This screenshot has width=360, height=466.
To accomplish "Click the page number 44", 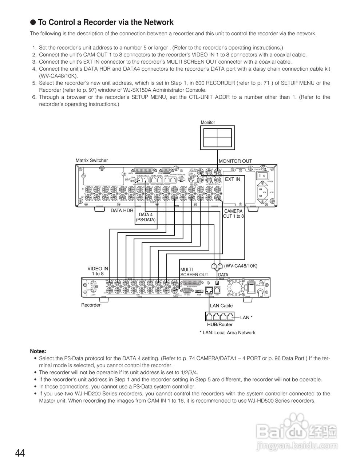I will click(20, 453).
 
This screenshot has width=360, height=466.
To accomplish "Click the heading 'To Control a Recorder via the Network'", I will click(105, 22).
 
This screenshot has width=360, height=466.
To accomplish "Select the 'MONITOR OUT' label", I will click(235, 161).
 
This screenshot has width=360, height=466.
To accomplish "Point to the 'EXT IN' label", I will click(233, 179).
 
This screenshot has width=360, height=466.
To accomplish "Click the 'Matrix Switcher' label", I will click(92, 160).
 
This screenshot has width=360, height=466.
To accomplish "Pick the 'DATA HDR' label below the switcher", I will click(122, 210).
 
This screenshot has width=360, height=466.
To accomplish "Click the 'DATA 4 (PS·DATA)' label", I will click(146, 217).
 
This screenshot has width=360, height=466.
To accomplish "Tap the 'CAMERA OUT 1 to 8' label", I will click(233, 214).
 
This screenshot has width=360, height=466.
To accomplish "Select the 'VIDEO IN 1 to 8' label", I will click(98, 271).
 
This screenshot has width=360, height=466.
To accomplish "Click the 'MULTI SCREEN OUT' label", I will click(194, 272).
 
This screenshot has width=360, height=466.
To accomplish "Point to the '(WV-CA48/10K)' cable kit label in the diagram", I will click(241, 266).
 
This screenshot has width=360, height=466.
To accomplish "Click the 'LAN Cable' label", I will click(221, 306).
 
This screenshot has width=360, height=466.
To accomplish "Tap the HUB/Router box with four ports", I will click(219, 316).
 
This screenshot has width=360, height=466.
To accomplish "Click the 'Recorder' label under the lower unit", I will click(91, 305).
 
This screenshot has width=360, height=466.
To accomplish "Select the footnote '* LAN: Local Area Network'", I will click(227, 332).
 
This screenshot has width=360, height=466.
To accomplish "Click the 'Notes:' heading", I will click(38, 351).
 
